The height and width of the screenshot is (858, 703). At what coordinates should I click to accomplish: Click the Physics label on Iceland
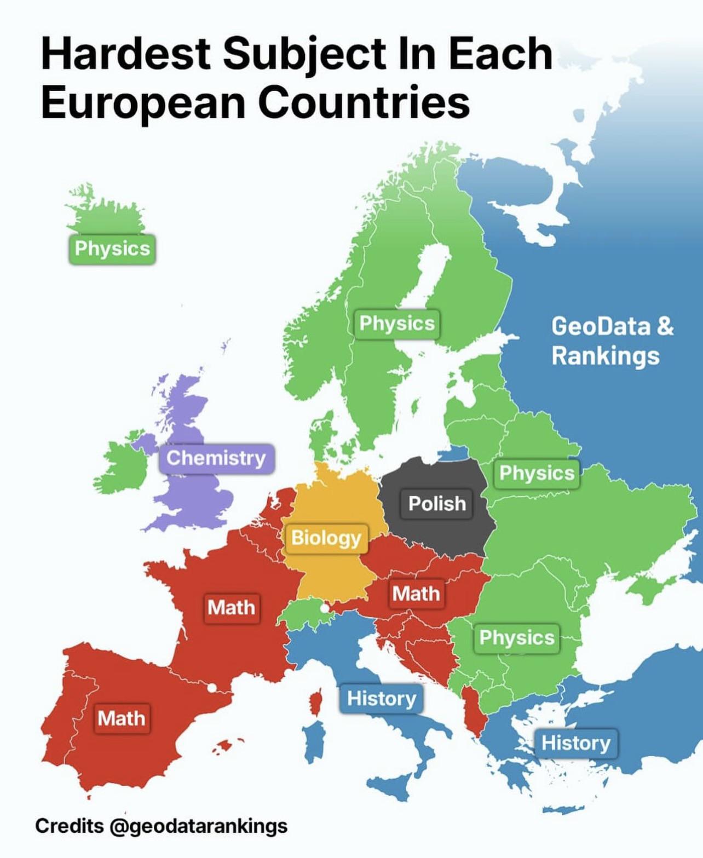tap(112, 249)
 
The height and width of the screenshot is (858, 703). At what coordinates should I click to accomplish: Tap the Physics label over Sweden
tap(397, 324)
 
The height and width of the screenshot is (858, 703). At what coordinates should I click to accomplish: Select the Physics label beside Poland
tap(537, 473)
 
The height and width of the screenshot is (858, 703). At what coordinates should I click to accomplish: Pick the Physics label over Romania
tap(517, 638)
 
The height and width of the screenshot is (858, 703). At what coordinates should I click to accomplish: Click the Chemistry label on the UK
tap(216, 458)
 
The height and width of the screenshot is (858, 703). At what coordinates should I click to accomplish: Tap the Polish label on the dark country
tap(437, 504)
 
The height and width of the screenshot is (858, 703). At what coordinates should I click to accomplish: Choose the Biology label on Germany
tap(326, 538)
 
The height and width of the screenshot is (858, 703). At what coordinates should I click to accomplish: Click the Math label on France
tap(231, 608)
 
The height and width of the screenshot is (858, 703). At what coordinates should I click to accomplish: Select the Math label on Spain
tap(122, 718)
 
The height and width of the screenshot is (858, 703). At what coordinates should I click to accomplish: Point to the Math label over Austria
tap(416, 594)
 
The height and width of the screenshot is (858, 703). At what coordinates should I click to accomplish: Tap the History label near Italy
tap(382, 699)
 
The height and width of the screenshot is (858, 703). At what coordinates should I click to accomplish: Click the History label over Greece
tap(576, 744)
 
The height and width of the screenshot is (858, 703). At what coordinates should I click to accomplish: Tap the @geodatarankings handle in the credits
tap(198, 826)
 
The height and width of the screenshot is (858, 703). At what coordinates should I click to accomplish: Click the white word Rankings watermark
tap(606, 356)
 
